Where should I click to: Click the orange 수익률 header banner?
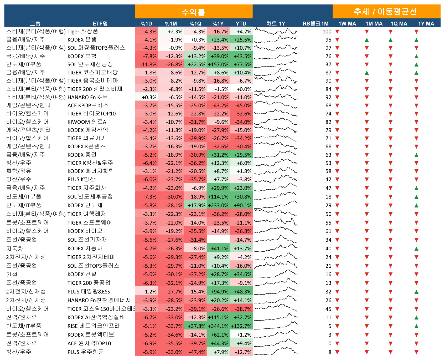[194, 12]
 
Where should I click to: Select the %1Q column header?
[195, 24]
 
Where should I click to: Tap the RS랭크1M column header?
[315, 24]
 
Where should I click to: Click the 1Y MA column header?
[426, 24]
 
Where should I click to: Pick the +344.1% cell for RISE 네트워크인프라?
[218, 326]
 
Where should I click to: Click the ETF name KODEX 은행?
[82, 40]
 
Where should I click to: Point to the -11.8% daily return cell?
[146, 64]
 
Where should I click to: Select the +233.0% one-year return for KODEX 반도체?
[218, 205]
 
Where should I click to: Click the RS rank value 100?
[327, 32]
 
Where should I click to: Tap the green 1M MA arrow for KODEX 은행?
[367, 40]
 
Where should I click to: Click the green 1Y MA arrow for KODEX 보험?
[416, 56]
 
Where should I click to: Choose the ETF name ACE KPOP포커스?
[88, 105]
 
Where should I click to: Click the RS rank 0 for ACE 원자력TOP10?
[330, 343]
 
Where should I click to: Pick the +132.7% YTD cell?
[241, 326]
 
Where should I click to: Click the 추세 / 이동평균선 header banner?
[386, 12]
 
